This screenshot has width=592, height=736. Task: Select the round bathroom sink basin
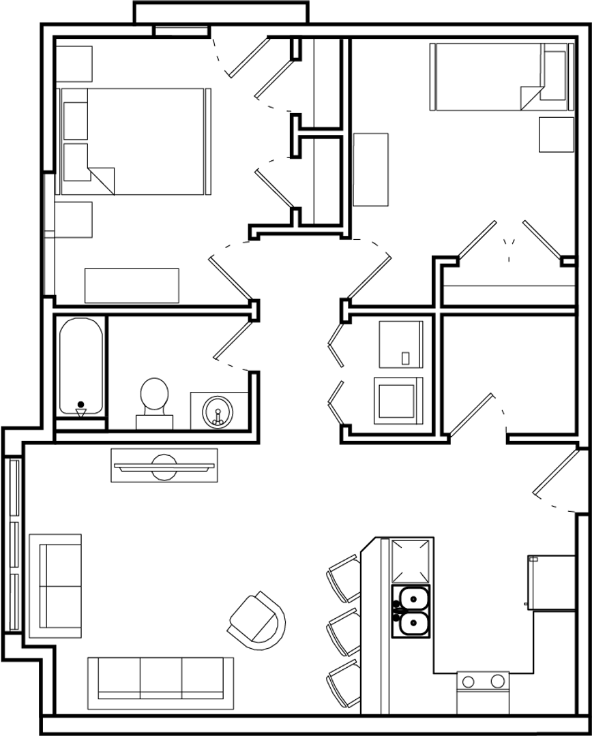coord(218,412)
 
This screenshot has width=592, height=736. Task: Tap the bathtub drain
coord(81,404)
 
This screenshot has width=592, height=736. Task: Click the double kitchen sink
coord(411,611)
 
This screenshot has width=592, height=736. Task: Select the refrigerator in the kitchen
coord(551,583)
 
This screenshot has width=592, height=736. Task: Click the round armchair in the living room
coord(257,619)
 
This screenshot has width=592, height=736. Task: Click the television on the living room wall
coord(164,466)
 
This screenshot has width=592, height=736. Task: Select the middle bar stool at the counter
coord(344,630)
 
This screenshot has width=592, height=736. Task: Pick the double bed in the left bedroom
coord(134,141)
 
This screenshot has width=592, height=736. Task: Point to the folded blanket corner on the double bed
coord(102,180)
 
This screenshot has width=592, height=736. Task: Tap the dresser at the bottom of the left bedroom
coord(132,286)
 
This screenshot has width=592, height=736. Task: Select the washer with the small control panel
coord(401,344)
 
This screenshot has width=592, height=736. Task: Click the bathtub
coord(81,367)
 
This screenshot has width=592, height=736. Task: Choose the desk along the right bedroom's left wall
coord(370,170)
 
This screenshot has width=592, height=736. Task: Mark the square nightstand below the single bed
coord(557,135)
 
